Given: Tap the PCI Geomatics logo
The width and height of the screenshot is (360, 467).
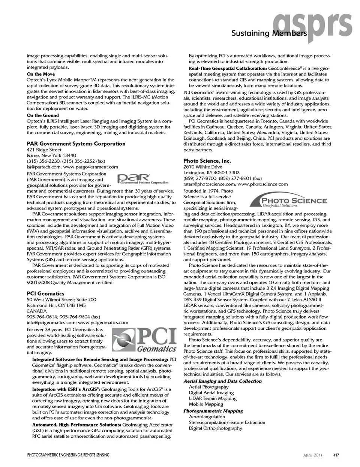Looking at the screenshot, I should click(145, 340).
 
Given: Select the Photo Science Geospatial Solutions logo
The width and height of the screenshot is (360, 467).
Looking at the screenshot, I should click(288, 201).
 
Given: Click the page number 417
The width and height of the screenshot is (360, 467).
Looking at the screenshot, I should click(336, 455).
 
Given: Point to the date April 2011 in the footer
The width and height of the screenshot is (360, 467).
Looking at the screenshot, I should click(313, 455).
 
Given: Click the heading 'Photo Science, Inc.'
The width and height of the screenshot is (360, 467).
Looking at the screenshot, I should click(207, 161).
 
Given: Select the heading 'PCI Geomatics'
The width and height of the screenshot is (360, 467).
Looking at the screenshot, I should click(45, 293).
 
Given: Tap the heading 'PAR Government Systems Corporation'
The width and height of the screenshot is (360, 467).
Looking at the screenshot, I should click(76, 144).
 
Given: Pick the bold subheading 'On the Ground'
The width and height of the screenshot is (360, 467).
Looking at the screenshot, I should click(43, 115).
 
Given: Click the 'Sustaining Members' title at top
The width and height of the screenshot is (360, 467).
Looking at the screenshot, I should click(269, 33).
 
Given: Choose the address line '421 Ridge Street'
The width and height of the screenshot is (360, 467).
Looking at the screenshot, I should click(44, 150).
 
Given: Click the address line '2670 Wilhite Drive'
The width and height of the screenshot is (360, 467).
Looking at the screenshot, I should click(202, 167).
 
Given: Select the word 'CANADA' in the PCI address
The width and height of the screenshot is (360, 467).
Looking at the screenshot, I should click(37, 311).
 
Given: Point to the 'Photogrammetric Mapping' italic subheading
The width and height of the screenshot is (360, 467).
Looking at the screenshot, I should click(213, 411).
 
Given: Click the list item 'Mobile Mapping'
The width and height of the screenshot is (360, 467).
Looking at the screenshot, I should click(206, 404).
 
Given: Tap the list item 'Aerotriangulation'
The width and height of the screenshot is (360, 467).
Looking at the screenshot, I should click(207, 417).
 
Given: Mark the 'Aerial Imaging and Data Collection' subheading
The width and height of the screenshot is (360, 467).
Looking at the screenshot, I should click(222, 381).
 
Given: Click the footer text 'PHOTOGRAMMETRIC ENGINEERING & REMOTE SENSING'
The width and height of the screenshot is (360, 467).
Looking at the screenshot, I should click(68, 455).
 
